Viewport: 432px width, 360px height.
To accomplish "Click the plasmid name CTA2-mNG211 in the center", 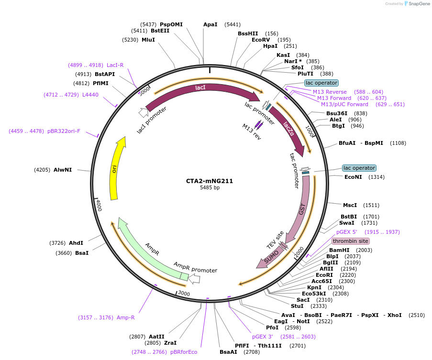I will coord(210,181).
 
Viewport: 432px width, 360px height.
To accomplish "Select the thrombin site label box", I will coord(351,241).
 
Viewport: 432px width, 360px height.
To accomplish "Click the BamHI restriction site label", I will coord(339,250).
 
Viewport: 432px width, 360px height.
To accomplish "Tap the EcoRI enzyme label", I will coord(324,275).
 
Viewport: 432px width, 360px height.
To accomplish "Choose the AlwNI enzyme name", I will coord(63,170).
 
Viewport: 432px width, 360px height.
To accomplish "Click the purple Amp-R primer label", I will coord(125,317).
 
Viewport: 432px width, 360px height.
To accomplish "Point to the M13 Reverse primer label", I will coord(330,92).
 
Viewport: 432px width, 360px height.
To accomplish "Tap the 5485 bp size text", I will coord(210,188).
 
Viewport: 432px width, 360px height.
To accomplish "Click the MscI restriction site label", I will coord(350,205).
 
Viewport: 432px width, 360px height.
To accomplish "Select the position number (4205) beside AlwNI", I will coord(42,170).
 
